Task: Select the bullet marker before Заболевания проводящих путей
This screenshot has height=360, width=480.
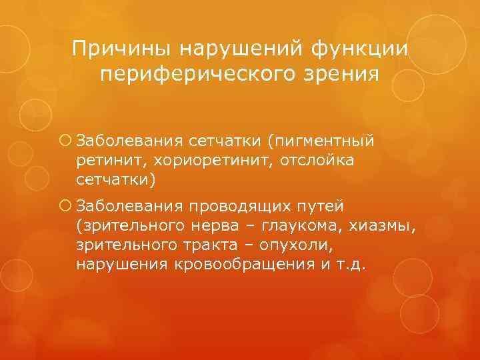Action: tap(65, 205)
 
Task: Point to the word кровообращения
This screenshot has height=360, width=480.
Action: tap(231, 265)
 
